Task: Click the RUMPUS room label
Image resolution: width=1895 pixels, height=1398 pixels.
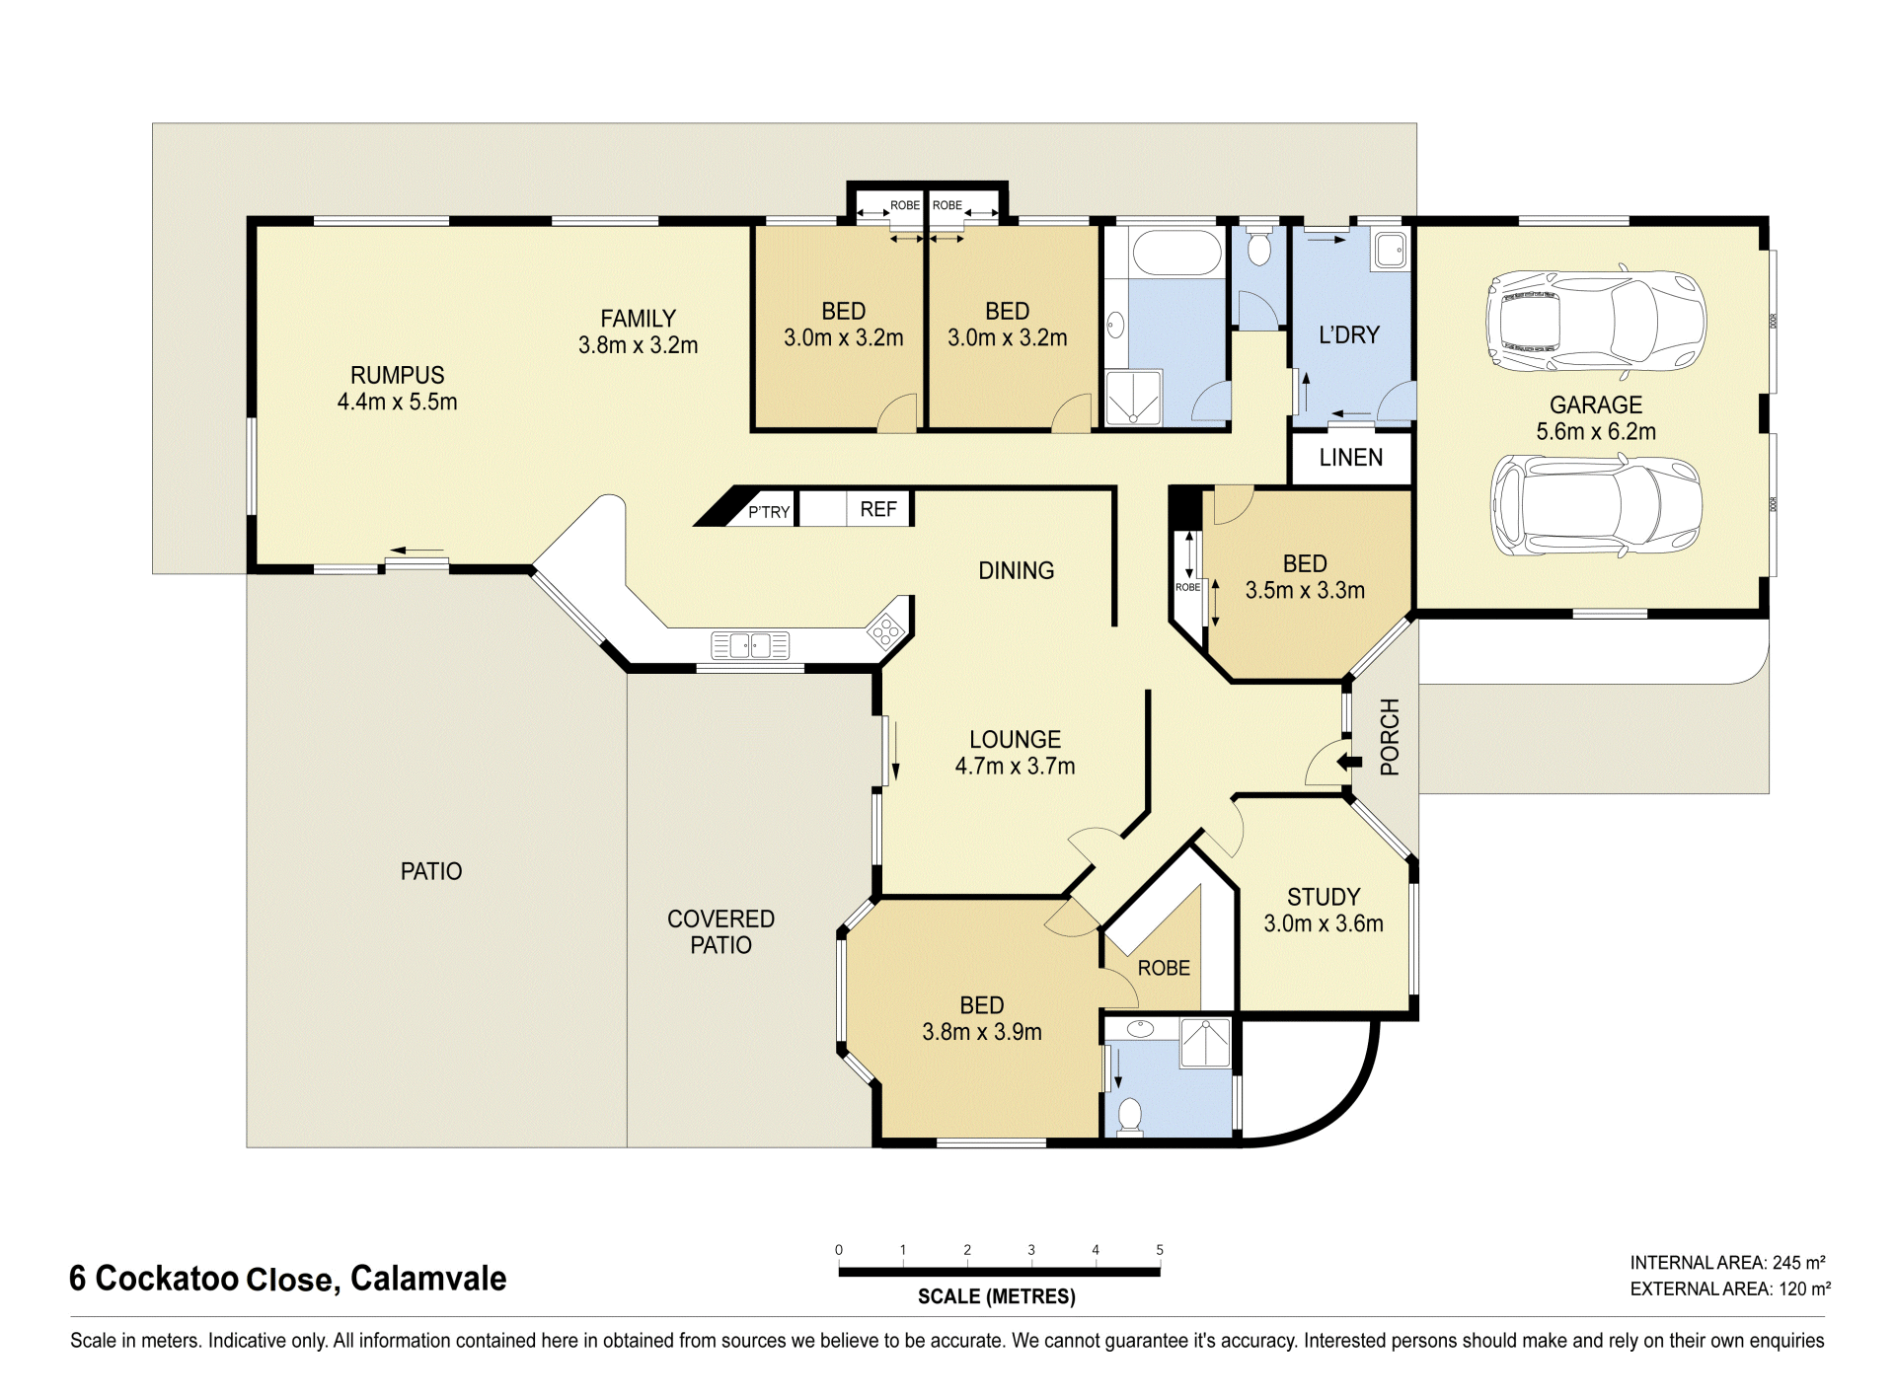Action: (397, 388)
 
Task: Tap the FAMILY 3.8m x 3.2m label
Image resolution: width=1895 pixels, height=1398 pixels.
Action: (638, 331)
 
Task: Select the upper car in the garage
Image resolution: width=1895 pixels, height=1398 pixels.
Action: (1596, 321)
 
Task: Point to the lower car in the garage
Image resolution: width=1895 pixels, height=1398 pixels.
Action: (1596, 505)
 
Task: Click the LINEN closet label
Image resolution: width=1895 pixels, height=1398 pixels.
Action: (1350, 458)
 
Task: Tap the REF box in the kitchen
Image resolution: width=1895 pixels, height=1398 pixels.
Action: (878, 509)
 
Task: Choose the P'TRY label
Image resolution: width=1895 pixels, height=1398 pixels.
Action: (769, 511)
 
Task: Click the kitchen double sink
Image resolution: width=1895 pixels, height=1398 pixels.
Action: (750, 646)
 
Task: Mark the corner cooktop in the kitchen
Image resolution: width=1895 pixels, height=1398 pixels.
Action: (885, 628)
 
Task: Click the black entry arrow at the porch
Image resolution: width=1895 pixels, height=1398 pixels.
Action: (1349, 762)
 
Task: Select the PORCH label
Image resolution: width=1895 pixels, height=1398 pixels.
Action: (1390, 737)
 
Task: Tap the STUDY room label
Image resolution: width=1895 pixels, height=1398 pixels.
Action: (1324, 910)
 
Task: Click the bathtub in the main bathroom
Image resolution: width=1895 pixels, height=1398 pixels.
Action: (1176, 254)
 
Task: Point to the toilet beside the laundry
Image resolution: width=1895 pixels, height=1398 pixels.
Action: (1258, 247)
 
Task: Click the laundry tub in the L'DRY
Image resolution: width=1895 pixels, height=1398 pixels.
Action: (1391, 251)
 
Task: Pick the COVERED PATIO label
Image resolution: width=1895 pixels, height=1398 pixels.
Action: (720, 931)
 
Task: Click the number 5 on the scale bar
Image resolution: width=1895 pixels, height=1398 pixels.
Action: (1160, 1250)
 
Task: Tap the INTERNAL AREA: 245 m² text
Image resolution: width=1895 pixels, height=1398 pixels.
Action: (1727, 1262)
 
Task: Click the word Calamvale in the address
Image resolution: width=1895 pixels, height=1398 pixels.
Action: (428, 1279)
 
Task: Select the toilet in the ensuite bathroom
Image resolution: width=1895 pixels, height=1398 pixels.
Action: (1129, 1116)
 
